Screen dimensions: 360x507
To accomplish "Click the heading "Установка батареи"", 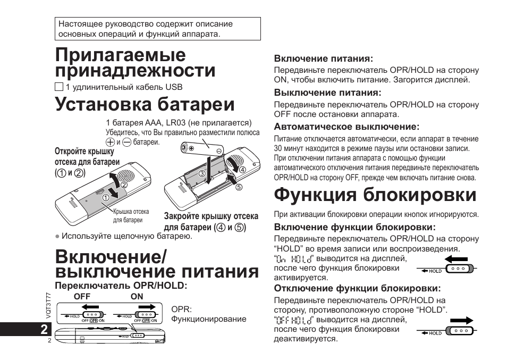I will coord(145,104).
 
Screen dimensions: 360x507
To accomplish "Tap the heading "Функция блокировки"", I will coord(375,195).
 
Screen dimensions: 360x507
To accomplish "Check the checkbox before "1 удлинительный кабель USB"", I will coord(59,87).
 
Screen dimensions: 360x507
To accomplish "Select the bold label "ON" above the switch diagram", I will coord(137,296).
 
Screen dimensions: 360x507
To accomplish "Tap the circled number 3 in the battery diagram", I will coord(202,173).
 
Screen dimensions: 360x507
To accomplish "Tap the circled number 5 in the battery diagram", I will coord(239,187).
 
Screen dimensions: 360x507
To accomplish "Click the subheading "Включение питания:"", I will coord(323,58).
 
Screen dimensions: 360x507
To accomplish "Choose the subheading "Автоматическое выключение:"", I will coord(347,127).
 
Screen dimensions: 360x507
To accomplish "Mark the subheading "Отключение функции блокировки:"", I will coord(357,288).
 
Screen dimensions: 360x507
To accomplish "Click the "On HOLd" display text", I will coord(294,258).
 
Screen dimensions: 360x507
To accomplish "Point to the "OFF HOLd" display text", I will coord(294,320).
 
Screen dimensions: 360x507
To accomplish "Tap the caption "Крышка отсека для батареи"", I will coord(131,215).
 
